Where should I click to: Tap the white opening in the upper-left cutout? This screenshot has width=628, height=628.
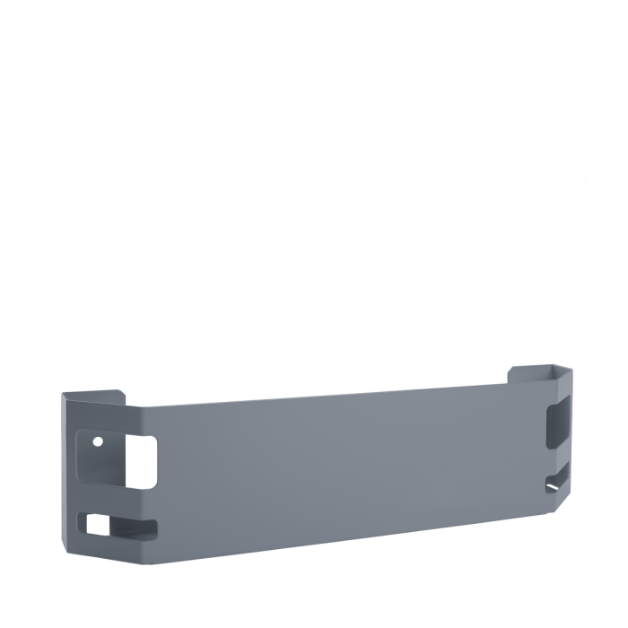(x=141, y=461)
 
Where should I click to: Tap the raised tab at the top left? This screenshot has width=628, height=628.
(x=93, y=395)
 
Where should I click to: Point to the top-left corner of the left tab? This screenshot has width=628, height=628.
(x=63, y=394)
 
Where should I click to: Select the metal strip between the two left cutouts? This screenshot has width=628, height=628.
(x=117, y=501)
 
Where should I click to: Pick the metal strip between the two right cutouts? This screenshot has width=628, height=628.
(x=557, y=456)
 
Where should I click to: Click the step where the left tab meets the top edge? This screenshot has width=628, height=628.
(x=125, y=401)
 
